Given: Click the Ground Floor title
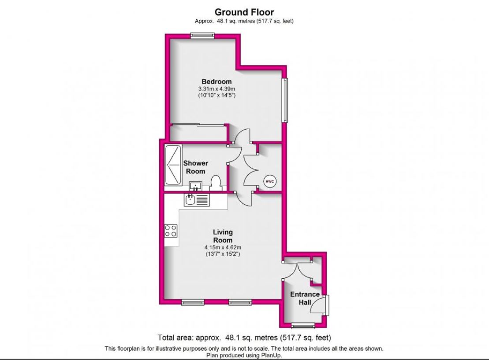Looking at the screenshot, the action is point(244,12).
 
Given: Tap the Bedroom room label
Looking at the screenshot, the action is point(217,82).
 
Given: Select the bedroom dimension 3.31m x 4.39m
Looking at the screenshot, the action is point(217,89).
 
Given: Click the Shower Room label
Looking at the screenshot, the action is point(195,167).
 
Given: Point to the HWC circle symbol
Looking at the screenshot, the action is point(270,181).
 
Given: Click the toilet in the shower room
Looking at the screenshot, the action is point(215,183).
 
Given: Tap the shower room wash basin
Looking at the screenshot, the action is point(195,186).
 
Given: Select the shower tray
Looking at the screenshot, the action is point(173,165).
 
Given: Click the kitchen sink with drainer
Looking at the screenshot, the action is point(197,200).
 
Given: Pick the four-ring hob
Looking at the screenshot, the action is point(171,231).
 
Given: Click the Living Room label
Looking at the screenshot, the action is point(223,236).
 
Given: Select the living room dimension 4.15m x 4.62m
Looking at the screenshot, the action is point(223,247).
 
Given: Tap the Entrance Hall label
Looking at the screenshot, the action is point(305,298).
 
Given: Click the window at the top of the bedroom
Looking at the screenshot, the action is point(202,36).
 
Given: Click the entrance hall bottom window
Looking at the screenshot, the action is point(303,326).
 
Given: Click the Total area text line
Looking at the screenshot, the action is point(244,337).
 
